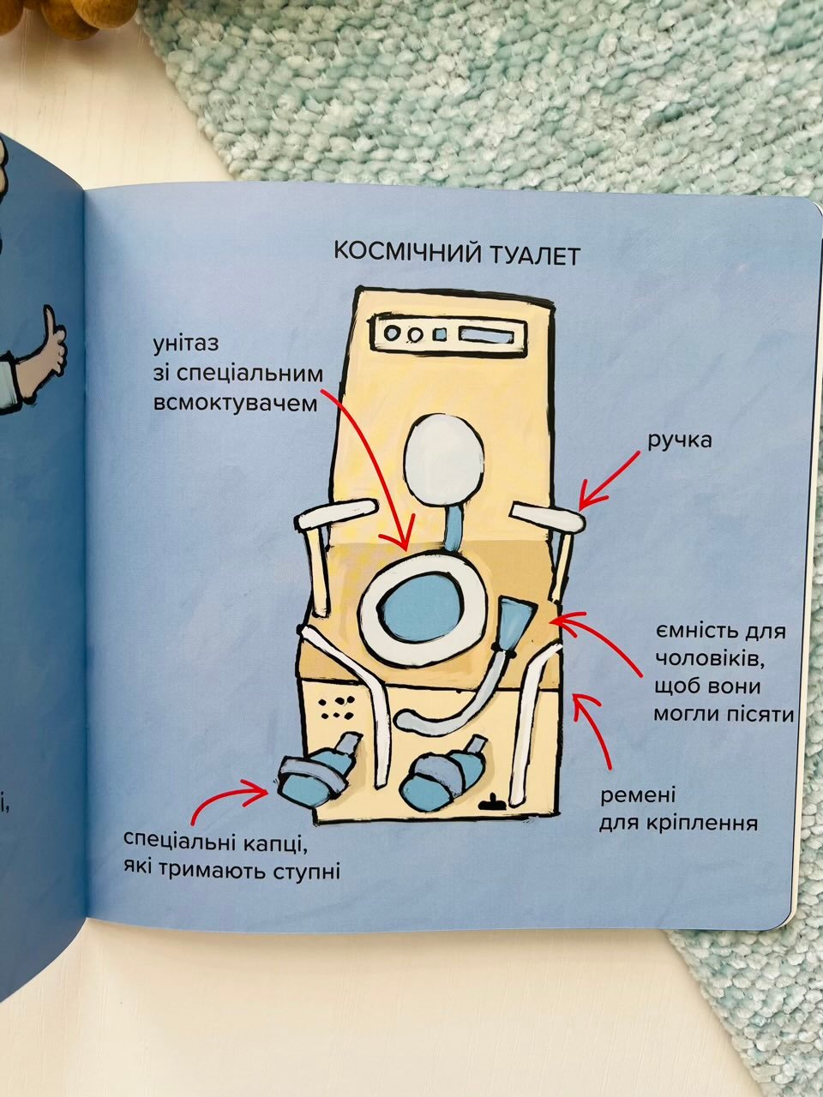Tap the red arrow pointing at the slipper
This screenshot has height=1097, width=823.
[225, 796]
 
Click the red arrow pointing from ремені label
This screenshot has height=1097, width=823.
[595, 728]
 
